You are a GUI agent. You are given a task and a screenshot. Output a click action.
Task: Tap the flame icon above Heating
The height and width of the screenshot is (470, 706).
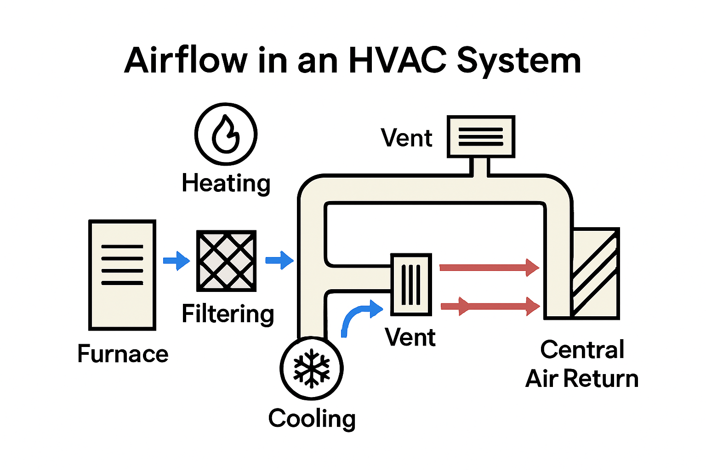(x=226, y=134)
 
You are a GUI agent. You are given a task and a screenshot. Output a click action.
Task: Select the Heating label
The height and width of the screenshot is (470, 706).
(x=226, y=183)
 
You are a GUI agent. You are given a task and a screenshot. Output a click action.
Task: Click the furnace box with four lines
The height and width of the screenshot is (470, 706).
(x=122, y=274)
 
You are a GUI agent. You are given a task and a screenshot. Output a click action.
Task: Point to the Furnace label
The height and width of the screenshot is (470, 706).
(x=123, y=354)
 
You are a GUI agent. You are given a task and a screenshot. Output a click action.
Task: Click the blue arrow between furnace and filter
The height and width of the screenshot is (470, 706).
(x=176, y=261)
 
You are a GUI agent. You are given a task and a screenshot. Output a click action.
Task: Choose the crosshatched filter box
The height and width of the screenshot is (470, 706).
(x=226, y=261)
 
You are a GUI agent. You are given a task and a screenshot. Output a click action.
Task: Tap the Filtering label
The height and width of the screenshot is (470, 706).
(x=228, y=314)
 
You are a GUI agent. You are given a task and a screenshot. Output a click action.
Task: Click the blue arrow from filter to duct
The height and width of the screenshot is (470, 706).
(x=279, y=260)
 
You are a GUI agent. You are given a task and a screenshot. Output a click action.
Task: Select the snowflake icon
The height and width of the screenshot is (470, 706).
(x=312, y=368)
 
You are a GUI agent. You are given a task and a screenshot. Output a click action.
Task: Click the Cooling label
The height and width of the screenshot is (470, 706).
(x=312, y=419)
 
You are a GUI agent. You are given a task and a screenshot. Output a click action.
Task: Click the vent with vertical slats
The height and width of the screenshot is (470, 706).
(x=411, y=285)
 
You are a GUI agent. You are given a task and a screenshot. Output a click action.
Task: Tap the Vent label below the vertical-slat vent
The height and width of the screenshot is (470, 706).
(x=410, y=337)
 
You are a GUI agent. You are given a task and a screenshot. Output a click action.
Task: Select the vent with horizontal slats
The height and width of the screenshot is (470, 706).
(x=481, y=137)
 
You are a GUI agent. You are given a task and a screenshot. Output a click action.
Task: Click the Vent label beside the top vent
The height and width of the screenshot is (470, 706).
(x=407, y=138)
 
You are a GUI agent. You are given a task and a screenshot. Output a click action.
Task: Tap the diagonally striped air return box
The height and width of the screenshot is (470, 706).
(x=595, y=274)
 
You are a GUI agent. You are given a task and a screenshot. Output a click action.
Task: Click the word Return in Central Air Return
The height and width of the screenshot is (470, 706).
(x=601, y=379)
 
